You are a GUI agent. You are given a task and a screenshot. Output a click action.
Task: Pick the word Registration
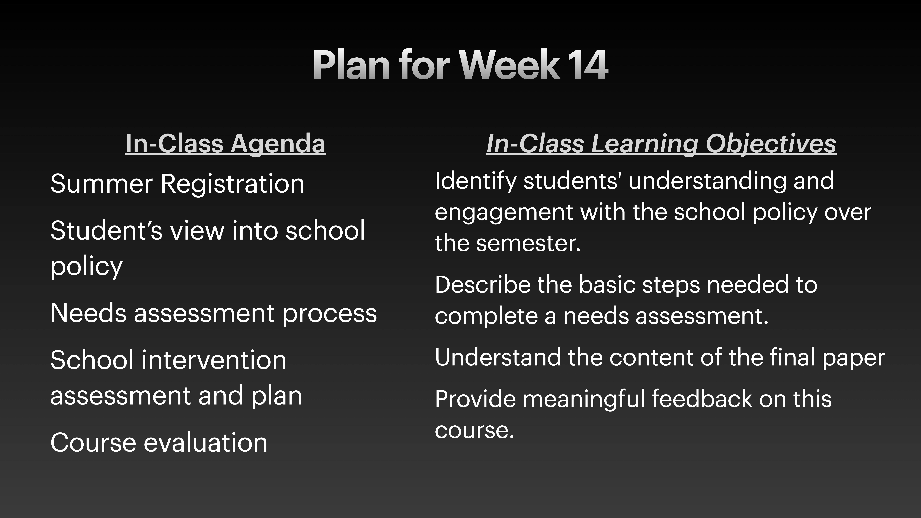click(232, 184)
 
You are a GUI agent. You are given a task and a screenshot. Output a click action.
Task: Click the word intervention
click(214, 360)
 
